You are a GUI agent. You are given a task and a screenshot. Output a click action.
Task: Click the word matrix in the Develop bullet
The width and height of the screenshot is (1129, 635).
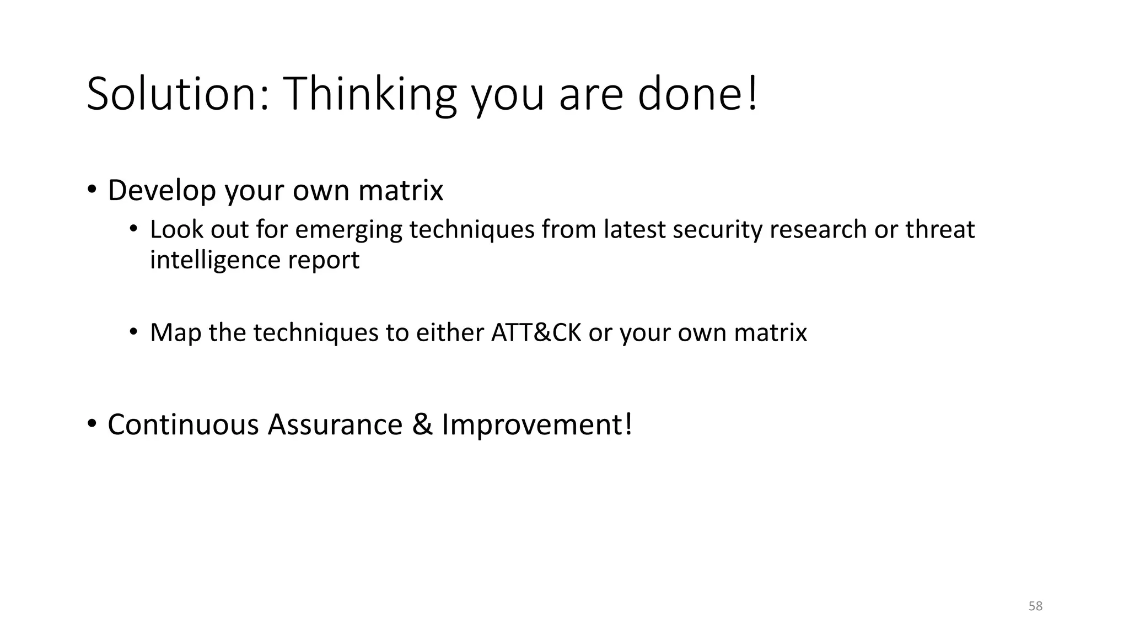tap(401, 191)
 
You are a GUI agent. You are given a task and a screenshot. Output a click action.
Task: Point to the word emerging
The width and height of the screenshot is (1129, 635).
tap(349, 230)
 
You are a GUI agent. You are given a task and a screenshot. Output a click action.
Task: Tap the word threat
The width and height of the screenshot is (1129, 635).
tap(939, 230)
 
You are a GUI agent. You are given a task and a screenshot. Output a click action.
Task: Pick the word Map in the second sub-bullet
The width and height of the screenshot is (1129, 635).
tap(175, 333)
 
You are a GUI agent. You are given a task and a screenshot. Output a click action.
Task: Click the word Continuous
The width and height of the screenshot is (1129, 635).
tap(183, 425)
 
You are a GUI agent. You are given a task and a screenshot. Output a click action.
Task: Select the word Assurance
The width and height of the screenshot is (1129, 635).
tap(335, 425)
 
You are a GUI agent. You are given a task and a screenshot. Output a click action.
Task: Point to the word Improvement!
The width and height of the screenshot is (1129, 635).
tap(536, 425)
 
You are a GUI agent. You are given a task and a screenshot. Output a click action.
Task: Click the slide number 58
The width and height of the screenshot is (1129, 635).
tap(1035, 606)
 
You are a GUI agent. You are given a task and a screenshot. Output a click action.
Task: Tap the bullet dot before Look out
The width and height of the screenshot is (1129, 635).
tap(133, 229)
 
